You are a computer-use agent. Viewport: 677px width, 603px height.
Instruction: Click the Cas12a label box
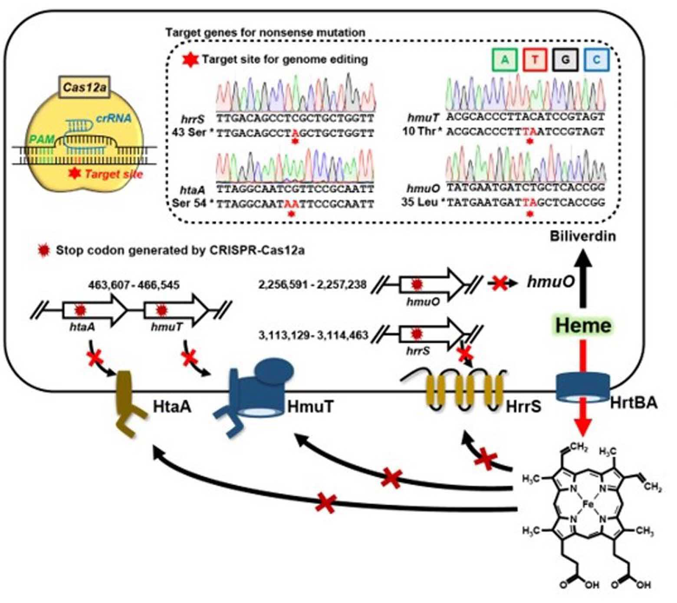(x=85, y=87)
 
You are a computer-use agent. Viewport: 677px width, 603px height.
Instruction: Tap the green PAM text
(x=43, y=139)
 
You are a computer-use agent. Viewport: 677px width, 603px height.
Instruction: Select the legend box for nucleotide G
(x=565, y=60)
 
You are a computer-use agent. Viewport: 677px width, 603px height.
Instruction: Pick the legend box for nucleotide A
(x=505, y=60)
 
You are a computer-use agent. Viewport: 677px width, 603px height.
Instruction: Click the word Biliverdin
(x=583, y=236)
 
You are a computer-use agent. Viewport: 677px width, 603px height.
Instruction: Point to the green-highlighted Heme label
(x=583, y=325)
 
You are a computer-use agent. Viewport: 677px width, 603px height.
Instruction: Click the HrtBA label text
(x=634, y=403)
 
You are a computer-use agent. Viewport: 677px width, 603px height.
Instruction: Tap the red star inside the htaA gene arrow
(x=79, y=310)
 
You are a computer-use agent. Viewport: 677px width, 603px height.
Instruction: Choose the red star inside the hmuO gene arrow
(x=417, y=284)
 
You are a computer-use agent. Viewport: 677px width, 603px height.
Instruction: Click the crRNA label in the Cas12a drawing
(x=114, y=118)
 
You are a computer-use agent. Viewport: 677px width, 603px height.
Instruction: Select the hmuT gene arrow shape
(x=176, y=309)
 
